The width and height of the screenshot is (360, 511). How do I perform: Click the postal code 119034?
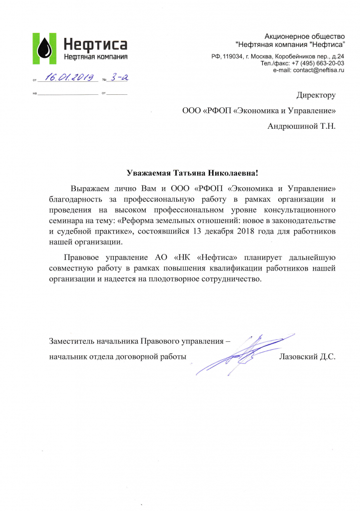click(x=233, y=56)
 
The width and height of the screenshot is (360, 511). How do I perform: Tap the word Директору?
click(x=316, y=95)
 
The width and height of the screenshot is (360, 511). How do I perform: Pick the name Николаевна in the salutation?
click(x=236, y=173)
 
